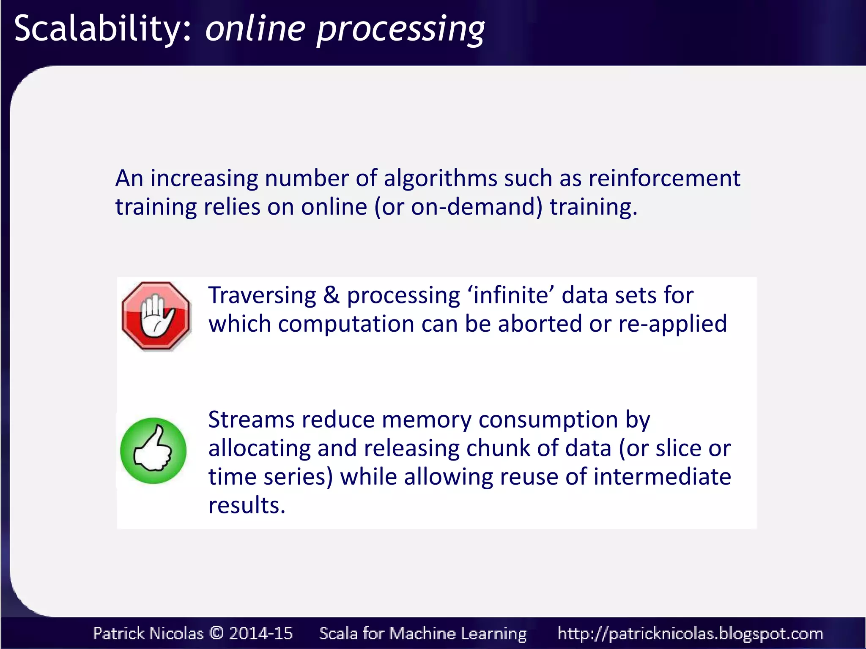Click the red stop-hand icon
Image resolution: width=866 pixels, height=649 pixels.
[x=156, y=316]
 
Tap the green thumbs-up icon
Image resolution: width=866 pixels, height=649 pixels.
[x=153, y=451]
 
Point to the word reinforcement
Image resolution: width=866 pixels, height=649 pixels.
[x=664, y=178]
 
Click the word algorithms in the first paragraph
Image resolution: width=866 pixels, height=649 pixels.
[x=440, y=178]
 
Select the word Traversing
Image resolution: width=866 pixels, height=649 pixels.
[x=262, y=295]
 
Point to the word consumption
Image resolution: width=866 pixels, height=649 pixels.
[x=548, y=420]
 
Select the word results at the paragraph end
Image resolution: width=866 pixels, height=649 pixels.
[x=247, y=505]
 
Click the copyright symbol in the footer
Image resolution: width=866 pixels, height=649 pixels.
[x=216, y=633]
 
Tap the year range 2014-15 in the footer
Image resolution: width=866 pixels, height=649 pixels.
[x=260, y=633]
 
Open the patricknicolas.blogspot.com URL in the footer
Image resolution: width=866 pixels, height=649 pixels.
[x=690, y=633]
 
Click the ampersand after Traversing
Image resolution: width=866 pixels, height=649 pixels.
[x=332, y=295]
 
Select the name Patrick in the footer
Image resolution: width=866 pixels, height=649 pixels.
[x=119, y=633]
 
